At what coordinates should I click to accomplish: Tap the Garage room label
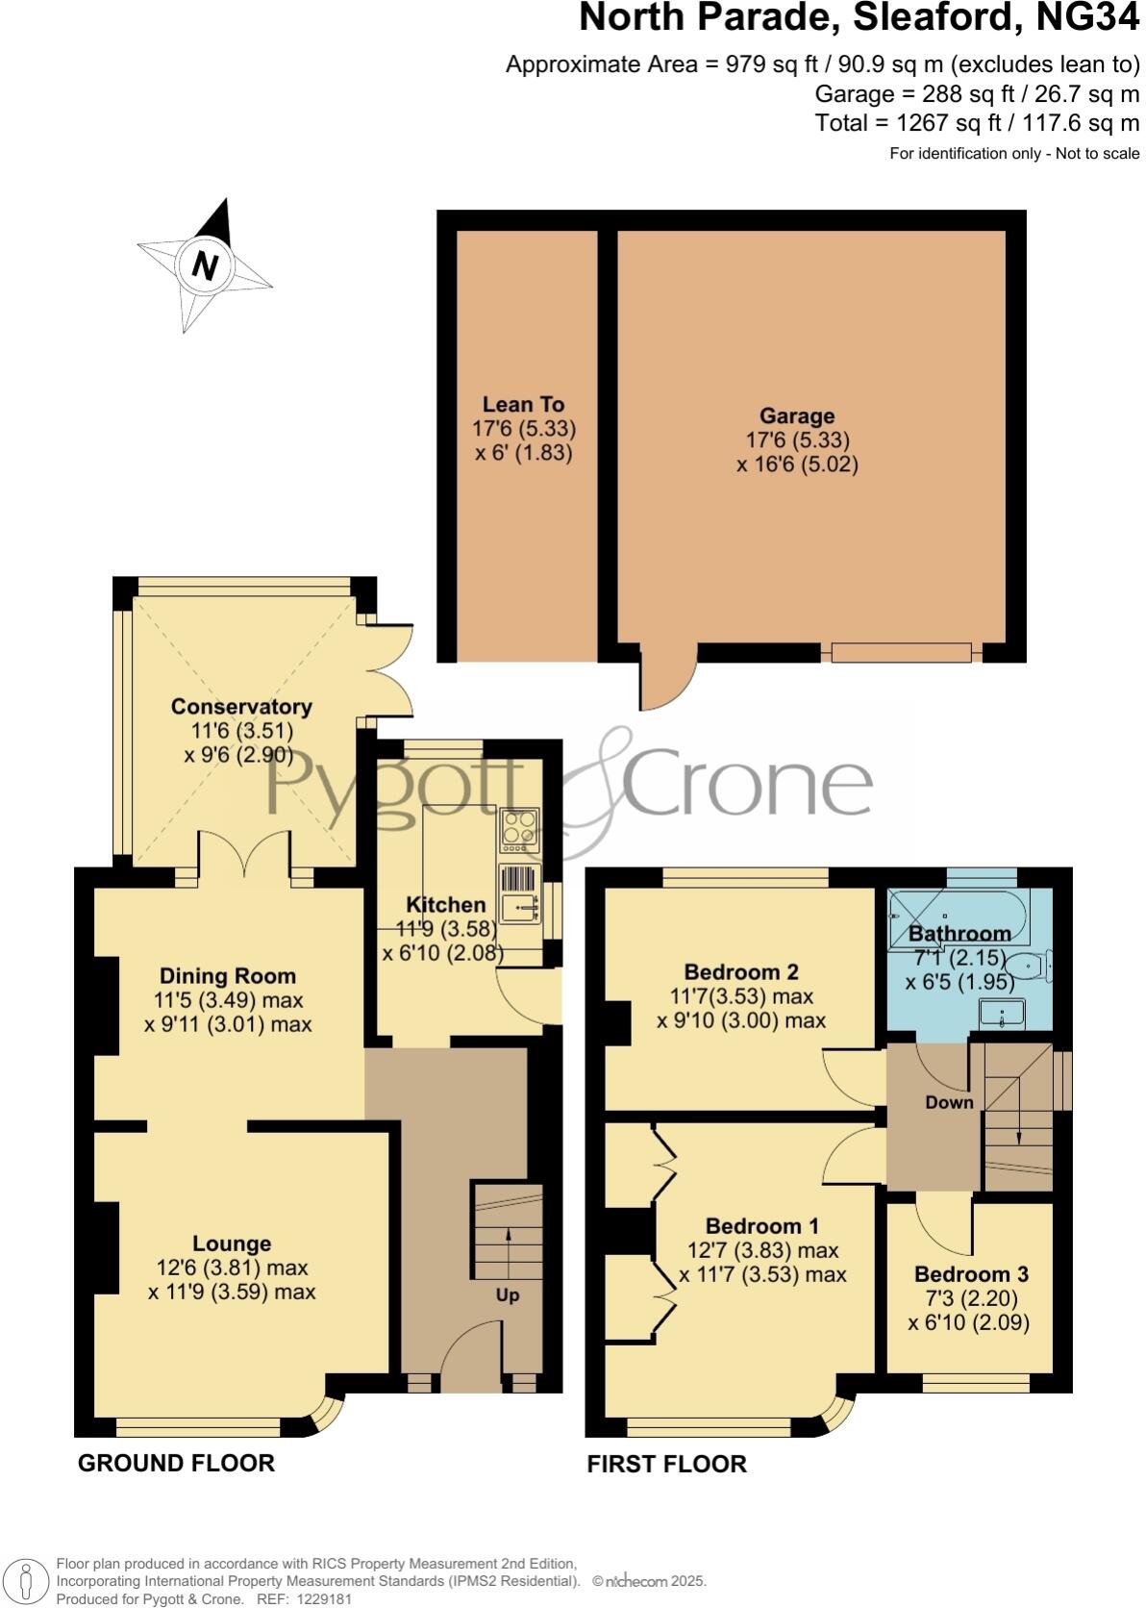[796, 416]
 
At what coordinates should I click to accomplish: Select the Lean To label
[523, 405]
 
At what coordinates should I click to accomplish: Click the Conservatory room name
[241, 707]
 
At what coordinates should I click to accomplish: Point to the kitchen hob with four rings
[518, 828]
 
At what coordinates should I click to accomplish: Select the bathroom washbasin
[1002, 1014]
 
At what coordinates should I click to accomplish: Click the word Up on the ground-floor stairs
[507, 1295]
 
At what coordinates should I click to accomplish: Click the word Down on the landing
[949, 1103]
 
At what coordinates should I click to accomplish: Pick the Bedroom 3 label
[971, 1274]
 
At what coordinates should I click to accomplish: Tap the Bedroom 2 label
[741, 971]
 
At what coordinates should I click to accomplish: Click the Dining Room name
[228, 976]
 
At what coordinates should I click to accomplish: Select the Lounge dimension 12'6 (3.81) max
[232, 1269]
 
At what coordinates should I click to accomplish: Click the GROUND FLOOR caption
[176, 1463]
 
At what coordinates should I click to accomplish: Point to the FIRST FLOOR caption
[666, 1464]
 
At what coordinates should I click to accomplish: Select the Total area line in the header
[977, 123]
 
